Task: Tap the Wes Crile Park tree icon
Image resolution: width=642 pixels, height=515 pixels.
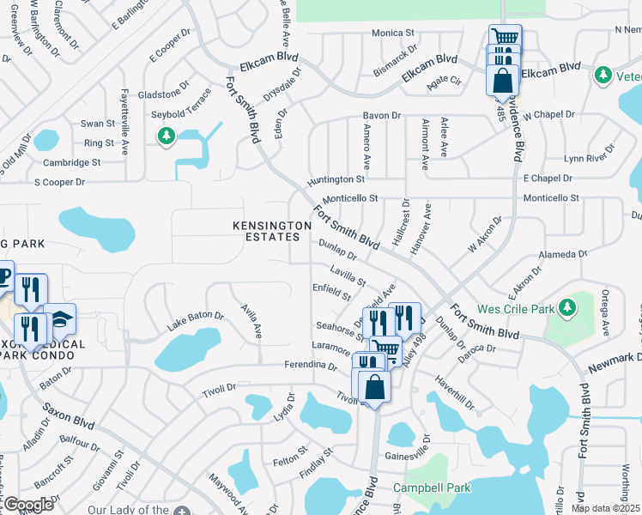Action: point(566,306)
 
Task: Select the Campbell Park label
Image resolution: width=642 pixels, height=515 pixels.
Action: point(432,488)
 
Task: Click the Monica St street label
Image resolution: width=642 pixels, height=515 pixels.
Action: point(393,33)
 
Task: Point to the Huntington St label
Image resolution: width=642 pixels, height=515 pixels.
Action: point(337,179)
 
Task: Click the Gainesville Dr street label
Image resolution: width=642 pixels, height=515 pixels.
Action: point(408,455)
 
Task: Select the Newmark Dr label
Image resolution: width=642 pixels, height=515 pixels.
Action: point(615,362)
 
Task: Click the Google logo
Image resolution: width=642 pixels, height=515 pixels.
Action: point(27,504)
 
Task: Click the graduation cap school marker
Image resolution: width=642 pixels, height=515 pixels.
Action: point(60,319)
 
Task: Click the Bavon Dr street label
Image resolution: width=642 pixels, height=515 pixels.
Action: point(382,115)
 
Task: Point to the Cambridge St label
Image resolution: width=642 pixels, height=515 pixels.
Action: point(72,161)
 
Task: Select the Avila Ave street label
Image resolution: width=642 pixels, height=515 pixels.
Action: point(251,319)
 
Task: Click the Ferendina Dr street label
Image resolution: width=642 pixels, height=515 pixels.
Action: point(310,366)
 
